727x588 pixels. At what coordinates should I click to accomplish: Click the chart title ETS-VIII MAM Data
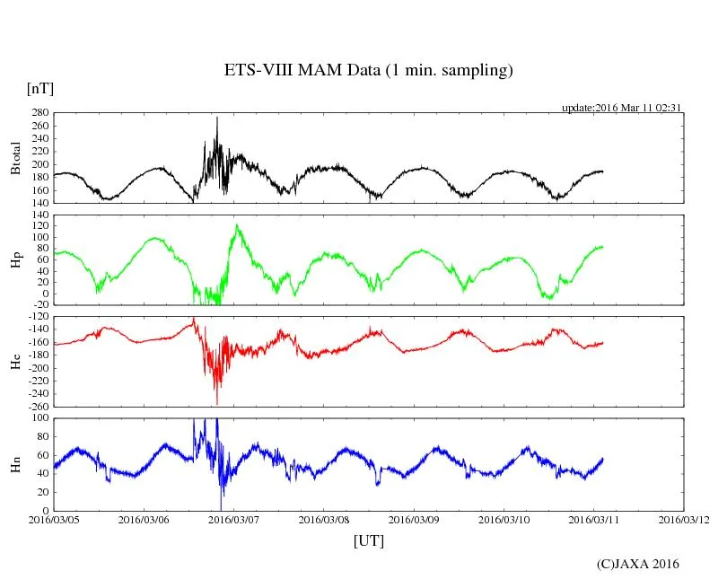point(368,71)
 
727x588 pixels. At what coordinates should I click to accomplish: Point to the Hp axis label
point(15,260)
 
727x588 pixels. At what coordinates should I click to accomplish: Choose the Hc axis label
point(15,362)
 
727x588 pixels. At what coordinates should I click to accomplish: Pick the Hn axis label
point(15,464)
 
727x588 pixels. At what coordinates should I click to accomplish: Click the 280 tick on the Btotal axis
point(39,114)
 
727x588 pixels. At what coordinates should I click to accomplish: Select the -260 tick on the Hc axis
point(36,407)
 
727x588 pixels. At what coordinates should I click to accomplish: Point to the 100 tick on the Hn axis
point(39,418)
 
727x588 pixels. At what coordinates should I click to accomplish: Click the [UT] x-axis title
point(368,541)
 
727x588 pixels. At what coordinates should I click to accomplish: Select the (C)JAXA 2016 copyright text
point(638,564)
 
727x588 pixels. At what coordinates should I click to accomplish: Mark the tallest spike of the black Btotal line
point(216,118)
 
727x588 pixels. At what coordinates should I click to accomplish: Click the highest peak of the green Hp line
point(237,224)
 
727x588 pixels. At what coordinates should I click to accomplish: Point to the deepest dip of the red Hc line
point(216,403)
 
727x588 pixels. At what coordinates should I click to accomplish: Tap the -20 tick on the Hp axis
point(37,305)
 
